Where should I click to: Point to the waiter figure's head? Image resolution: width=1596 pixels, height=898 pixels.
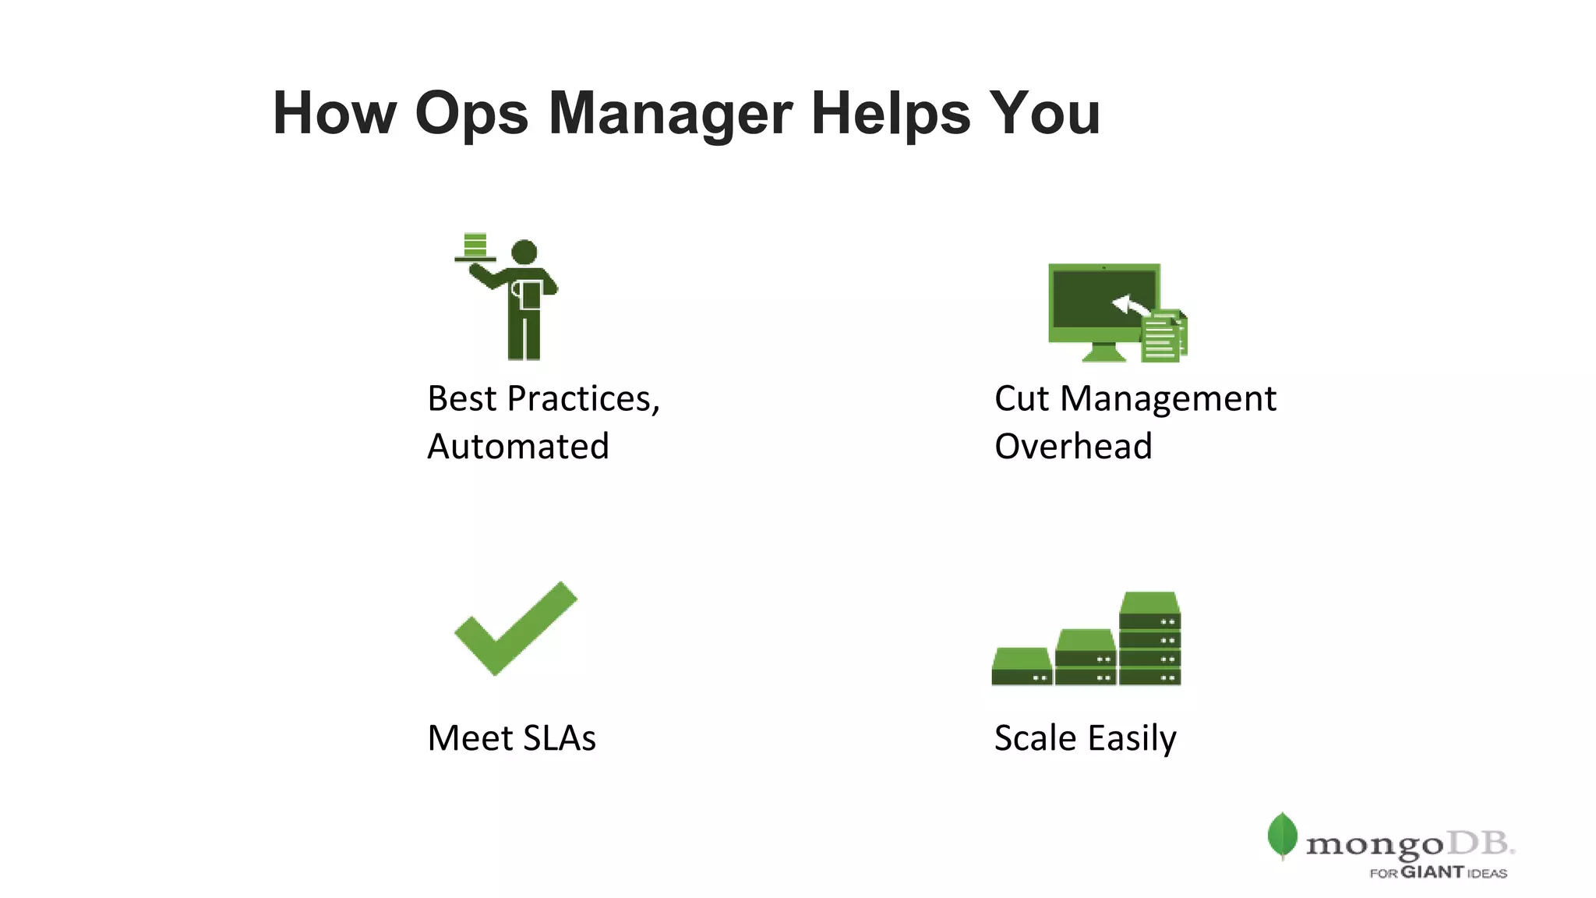[524, 252]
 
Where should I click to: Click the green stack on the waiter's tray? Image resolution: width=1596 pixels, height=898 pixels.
[475, 244]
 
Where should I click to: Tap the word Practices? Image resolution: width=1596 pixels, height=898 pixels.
[583, 399]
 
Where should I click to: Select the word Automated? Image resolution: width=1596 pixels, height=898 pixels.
[518, 447]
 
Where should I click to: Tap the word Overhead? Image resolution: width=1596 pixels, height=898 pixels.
[1073, 447]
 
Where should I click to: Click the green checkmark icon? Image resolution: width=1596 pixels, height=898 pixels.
[515, 628]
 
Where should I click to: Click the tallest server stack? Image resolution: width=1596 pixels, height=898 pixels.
[1149, 638]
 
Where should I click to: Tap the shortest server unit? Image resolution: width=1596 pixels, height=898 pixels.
[1022, 667]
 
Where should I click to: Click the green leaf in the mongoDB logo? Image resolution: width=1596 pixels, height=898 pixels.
[1282, 836]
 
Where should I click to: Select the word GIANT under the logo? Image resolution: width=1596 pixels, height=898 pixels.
[1432, 872]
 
